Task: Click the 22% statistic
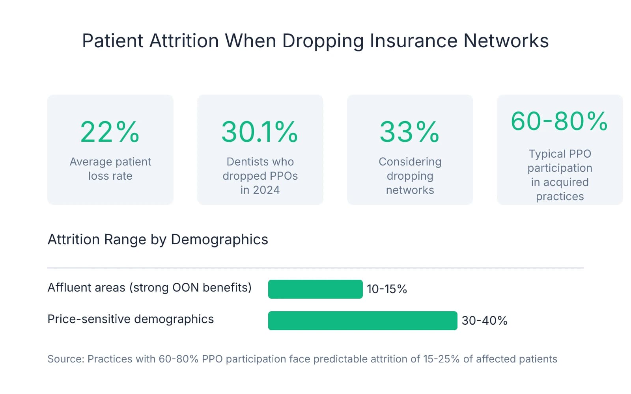tap(110, 132)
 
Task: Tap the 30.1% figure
tap(259, 132)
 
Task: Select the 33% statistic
tap(409, 132)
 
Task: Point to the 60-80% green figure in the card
tap(559, 121)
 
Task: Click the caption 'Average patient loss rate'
tap(110, 169)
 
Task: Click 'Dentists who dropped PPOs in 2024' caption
tap(260, 176)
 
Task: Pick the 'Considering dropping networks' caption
tap(410, 176)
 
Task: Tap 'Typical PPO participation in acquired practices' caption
tap(560, 175)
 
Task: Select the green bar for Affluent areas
tap(315, 289)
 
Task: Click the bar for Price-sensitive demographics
tap(362, 321)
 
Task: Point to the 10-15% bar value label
tap(386, 289)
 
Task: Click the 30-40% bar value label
tap(484, 321)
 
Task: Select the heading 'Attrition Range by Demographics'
tap(158, 240)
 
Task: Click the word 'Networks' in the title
tap(506, 41)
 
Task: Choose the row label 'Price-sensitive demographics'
tap(131, 319)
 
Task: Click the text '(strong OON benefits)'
tap(190, 288)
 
